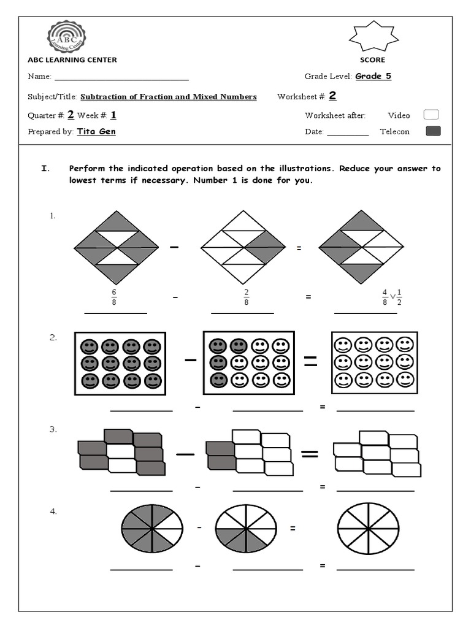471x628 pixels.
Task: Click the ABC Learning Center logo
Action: (66, 36)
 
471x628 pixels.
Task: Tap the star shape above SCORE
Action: (372, 37)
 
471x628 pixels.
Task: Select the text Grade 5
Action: (373, 76)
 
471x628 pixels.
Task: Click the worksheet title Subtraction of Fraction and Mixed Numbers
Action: (169, 97)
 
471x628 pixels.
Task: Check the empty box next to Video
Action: (432, 115)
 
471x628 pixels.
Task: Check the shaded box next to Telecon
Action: (433, 131)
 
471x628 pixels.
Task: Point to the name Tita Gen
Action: (96, 131)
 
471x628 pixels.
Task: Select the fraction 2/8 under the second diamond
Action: (246, 297)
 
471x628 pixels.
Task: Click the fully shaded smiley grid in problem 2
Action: (120, 363)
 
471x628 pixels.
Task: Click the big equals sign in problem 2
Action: (311, 362)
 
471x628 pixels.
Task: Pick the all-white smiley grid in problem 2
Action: (374, 362)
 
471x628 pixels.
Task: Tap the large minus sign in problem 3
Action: (185, 454)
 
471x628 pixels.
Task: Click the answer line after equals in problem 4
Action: (375, 569)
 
